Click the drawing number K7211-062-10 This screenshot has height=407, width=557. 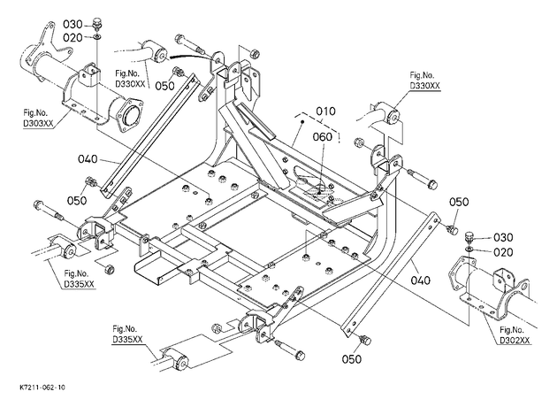tap(42, 388)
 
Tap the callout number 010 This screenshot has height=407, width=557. tap(325, 111)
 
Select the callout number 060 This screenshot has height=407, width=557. tap(323, 136)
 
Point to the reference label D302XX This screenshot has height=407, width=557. tap(515, 340)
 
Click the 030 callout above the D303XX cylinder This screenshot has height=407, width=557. tap(72, 24)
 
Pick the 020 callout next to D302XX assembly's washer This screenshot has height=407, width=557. tap(503, 252)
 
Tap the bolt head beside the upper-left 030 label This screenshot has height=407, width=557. tap(97, 24)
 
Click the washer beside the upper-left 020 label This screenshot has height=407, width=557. tap(97, 36)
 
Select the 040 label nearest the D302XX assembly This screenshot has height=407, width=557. tap(421, 280)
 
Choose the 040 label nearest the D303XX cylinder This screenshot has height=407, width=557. tap(88, 158)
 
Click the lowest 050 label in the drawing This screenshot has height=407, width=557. tap(352, 359)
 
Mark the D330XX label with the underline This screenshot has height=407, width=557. tap(425, 86)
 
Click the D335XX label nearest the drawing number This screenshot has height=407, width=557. tap(127, 340)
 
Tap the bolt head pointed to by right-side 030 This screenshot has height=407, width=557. tap(470, 237)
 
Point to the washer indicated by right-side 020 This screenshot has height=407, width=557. tap(469, 248)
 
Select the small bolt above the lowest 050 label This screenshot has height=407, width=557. tap(365, 340)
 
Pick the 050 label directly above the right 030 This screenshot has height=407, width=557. tap(459, 202)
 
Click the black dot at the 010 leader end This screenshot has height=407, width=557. tap(302, 121)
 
